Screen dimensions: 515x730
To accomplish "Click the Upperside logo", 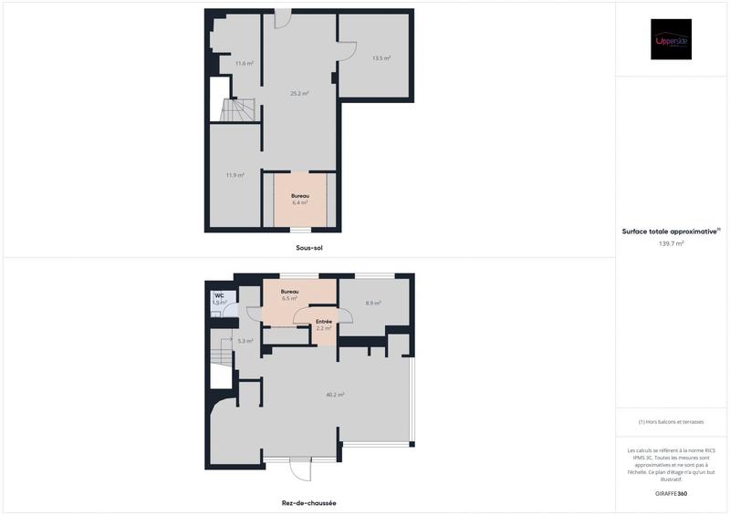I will point(671,40).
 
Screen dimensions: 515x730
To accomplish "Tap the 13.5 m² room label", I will point(381,58).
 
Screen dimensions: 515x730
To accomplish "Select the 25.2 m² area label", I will point(299,93).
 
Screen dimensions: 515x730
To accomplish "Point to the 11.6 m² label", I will point(244,63).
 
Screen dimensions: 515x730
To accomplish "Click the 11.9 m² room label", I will point(235,175).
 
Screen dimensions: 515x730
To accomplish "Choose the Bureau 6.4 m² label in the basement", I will point(299,200).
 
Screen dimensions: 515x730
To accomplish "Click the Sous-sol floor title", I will point(310,248).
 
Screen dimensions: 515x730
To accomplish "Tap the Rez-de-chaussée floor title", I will point(308,502).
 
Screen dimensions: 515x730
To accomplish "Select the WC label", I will point(219,295).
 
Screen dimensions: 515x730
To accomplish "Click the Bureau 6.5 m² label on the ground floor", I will point(289,294).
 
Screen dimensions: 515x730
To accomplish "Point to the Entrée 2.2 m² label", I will point(323,324).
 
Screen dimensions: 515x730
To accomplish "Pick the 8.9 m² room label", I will point(373,303).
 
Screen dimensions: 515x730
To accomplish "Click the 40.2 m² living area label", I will point(335,395).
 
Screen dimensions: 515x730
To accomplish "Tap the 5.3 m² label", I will point(245,341).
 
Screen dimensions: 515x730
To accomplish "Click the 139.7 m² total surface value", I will point(671,244).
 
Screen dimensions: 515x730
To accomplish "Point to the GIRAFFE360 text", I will point(671,493).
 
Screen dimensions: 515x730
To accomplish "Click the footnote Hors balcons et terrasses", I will point(671,422).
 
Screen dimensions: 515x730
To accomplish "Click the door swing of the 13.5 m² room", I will point(347,52).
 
